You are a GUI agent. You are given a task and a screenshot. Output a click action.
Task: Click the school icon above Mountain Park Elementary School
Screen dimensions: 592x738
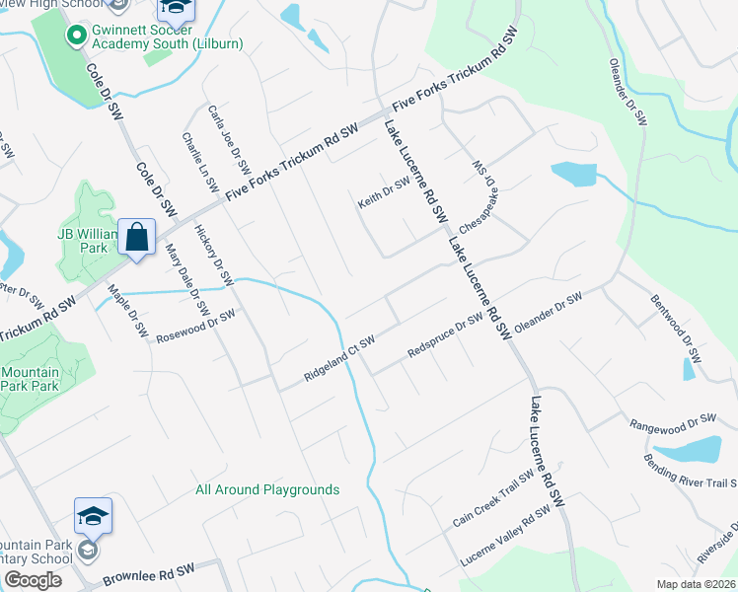[93, 517]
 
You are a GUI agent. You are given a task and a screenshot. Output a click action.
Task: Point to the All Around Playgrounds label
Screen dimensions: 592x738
[267, 489]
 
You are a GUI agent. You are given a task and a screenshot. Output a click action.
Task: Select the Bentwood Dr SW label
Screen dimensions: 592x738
[675, 327]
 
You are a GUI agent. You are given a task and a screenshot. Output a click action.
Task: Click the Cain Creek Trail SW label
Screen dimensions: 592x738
[488, 498]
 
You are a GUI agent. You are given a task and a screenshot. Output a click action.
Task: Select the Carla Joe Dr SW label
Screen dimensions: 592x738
[228, 137]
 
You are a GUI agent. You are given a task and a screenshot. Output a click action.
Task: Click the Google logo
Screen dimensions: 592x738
[34, 580]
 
